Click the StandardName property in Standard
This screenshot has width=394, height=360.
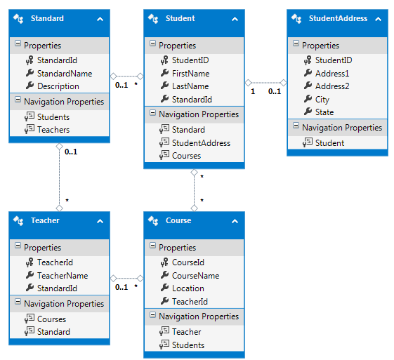(x=65, y=73)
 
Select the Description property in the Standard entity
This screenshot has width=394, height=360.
(x=58, y=86)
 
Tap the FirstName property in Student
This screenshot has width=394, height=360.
(x=190, y=73)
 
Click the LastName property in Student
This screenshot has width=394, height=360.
(x=190, y=86)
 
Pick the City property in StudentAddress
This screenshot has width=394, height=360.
(x=322, y=100)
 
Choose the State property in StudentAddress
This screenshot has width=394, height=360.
(x=324, y=112)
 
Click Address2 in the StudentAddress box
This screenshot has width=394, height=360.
(x=332, y=86)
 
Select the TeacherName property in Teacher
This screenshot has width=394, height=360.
(x=63, y=275)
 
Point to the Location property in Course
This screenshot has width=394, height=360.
(x=188, y=288)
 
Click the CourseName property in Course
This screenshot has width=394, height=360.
(x=195, y=275)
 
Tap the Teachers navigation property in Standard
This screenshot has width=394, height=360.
(x=53, y=130)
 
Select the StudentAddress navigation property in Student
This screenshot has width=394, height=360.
(x=201, y=143)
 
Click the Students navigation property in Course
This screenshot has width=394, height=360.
(x=188, y=345)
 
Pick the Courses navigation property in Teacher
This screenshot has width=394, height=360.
(x=51, y=319)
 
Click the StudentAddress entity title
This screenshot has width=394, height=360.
(x=338, y=18)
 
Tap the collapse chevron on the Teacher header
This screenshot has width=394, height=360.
(x=100, y=221)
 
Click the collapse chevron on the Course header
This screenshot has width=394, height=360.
(x=235, y=221)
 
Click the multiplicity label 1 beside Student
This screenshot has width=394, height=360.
(x=253, y=91)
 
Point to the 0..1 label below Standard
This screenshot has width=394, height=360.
(x=71, y=152)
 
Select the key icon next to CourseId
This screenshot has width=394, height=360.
(x=164, y=262)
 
